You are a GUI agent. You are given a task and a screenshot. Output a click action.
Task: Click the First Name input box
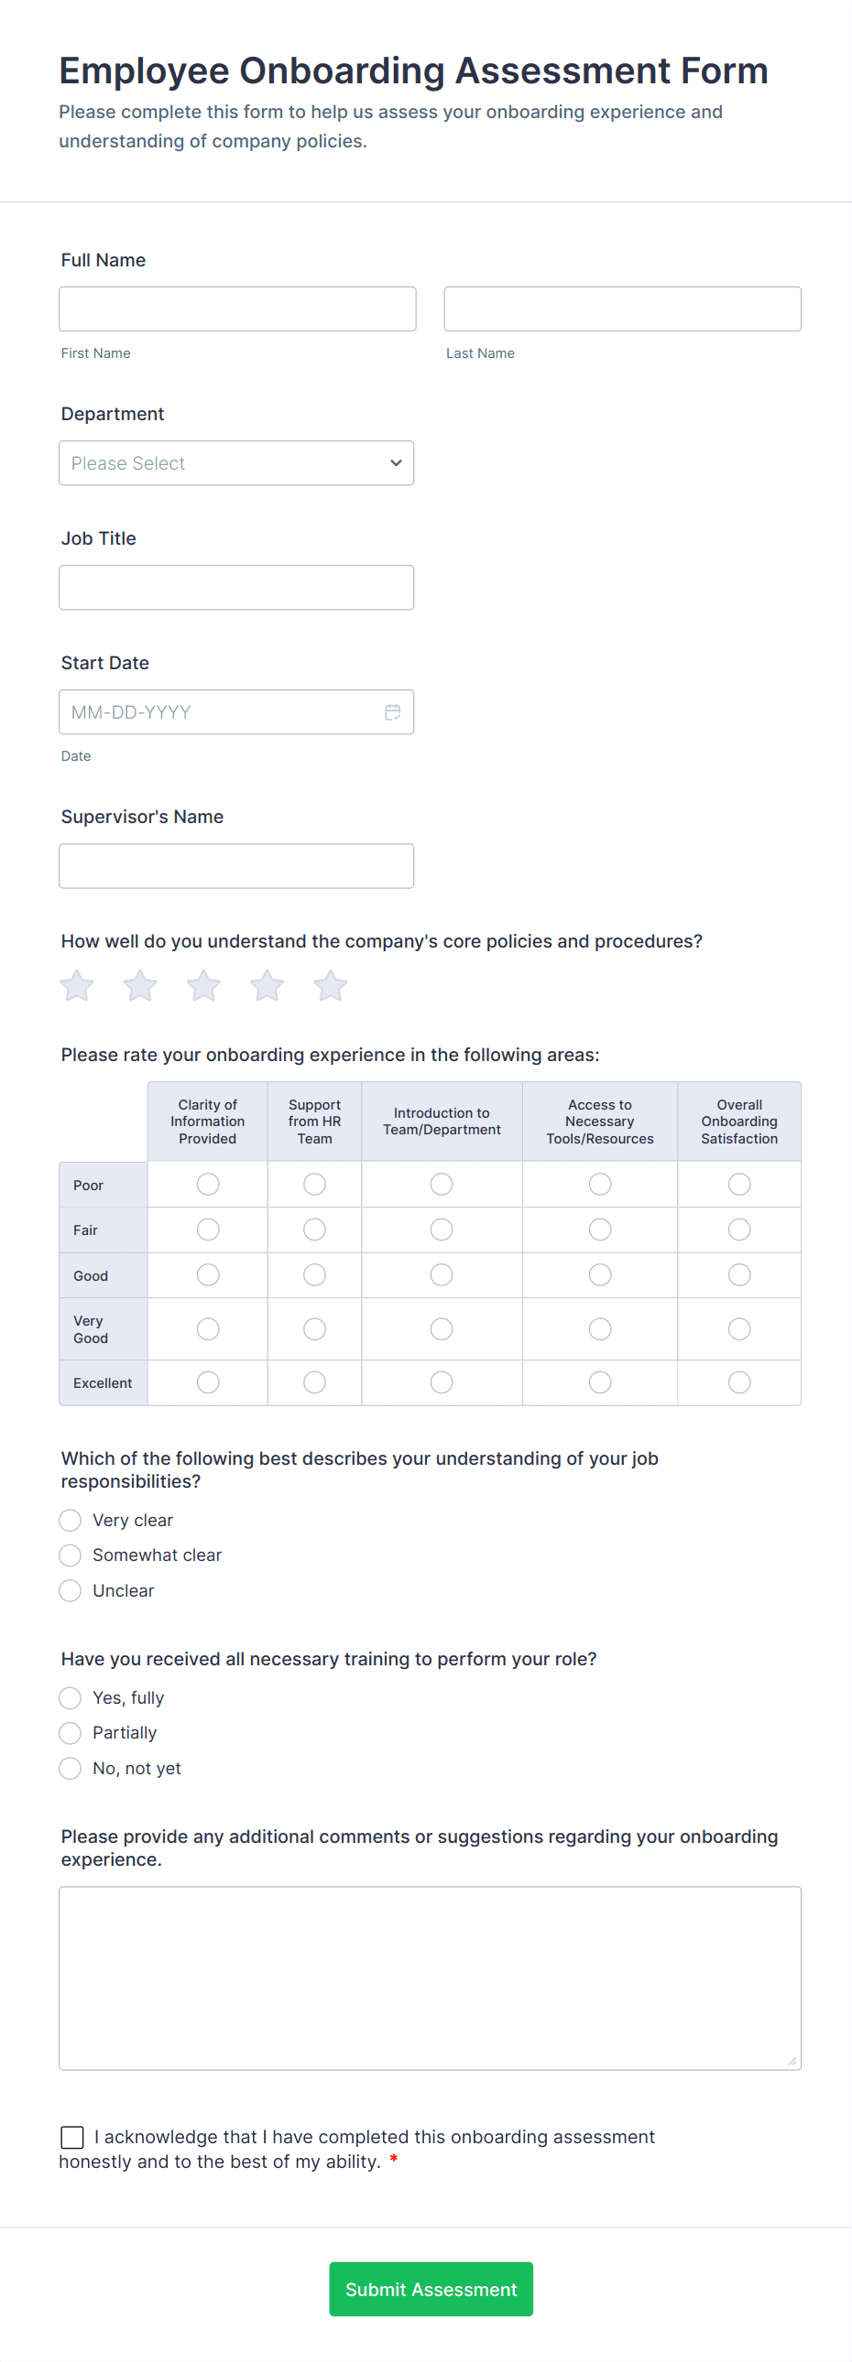tap(236, 309)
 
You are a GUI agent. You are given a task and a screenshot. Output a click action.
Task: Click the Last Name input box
tap(622, 309)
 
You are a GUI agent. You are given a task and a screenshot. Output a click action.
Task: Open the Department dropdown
tap(235, 463)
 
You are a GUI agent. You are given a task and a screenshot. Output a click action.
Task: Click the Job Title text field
tap(235, 588)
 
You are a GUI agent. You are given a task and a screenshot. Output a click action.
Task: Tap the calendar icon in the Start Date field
tap(392, 712)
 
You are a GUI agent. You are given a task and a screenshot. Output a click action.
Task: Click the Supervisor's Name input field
tap(235, 866)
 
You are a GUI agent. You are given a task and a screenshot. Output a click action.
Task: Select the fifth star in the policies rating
tap(330, 987)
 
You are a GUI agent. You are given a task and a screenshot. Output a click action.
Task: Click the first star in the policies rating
tap(77, 987)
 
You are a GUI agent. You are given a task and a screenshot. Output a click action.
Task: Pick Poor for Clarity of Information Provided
tap(208, 1185)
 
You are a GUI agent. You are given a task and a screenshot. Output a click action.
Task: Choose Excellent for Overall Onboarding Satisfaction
tap(739, 1382)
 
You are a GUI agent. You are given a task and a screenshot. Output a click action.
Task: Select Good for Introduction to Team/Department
tap(442, 1275)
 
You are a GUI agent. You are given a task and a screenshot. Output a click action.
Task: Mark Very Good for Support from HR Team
tap(314, 1329)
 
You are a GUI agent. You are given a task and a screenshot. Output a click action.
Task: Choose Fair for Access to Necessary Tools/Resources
tap(600, 1230)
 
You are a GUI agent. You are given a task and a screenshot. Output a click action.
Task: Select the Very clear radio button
tap(70, 1522)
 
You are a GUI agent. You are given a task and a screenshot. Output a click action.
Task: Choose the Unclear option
tap(70, 1591)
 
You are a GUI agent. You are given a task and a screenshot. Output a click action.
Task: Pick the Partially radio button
tap(70, 1733)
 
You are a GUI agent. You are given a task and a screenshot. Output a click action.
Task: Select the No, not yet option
tap(70, 1769)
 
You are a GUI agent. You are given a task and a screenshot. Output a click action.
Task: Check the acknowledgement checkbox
tap(72, 2138)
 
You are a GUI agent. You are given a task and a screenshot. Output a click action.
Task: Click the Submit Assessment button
tap(431, 2290)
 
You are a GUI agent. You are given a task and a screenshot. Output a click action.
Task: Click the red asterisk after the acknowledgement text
tap(393, 2160)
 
